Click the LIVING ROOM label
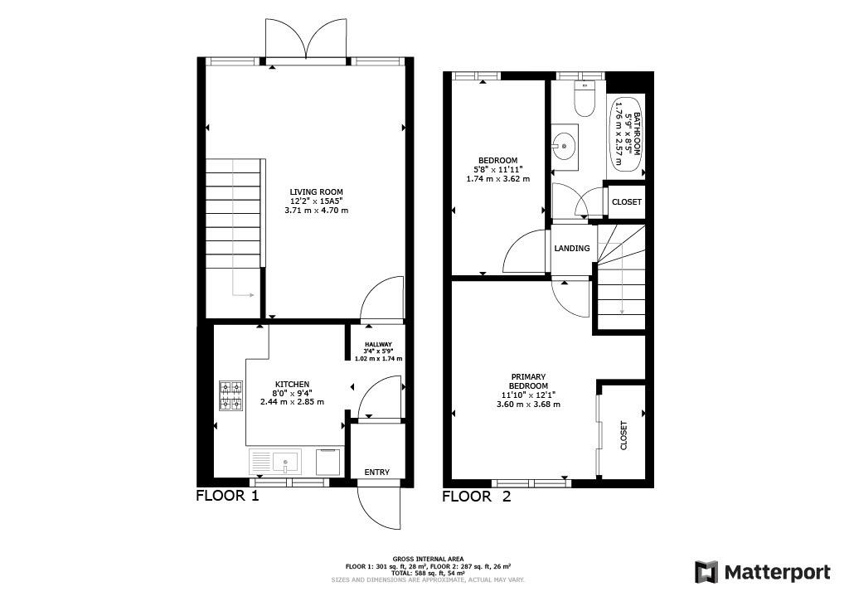[316, 191]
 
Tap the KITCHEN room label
[293, 385]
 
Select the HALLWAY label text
[378, 344]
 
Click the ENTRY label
[377, 473]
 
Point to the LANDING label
[572, 249]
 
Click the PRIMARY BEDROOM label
[528, 381]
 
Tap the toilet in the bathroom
[585, 99]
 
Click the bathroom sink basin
[564, 146]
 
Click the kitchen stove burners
[230, 395]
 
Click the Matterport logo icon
[706, 572]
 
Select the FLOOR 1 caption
[227, 496]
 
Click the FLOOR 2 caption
[477, 496]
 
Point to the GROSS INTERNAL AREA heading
[429, 560]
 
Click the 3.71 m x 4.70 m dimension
[316, 210]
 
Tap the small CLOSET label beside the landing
[627, 202]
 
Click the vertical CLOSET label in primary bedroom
[623, 435]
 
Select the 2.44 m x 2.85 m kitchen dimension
[293, 402]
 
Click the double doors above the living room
[306, 38]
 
